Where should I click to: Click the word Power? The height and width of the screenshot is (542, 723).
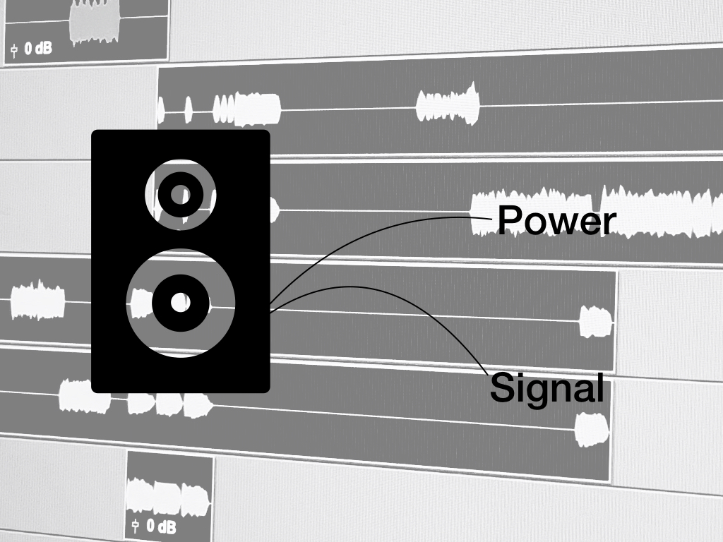(556, 221)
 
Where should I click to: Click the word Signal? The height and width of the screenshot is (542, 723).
(547, 387)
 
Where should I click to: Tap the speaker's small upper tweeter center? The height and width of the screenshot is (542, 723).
(181, 194)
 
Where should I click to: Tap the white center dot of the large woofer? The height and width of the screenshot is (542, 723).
(181, 303)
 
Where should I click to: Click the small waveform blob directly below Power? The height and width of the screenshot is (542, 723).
(596, 321)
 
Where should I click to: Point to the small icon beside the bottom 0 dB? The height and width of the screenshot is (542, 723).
(134, 526)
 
